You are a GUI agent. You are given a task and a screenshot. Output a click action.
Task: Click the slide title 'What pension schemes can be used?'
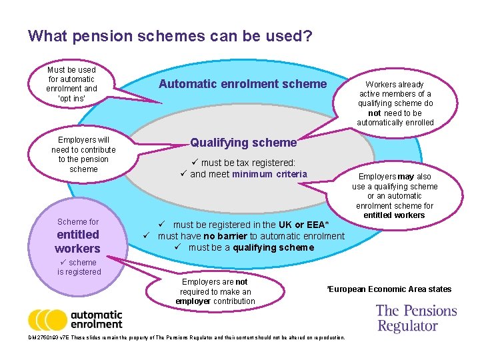(170, 35)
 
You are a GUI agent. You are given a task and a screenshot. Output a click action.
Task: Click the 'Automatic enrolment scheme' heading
(243, 84)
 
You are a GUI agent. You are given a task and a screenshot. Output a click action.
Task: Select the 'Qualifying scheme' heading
(243, 142)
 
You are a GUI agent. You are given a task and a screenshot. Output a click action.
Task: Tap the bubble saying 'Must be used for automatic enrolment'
(72, 84)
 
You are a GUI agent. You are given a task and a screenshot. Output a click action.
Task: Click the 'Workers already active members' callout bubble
(395, 103)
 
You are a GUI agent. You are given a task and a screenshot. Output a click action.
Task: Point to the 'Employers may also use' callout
(395, 195)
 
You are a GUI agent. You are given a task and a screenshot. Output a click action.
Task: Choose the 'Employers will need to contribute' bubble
(83, 155)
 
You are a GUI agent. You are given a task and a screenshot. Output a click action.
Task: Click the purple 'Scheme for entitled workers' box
(78, 235)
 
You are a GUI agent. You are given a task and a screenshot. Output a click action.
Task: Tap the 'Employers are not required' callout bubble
(215, 291)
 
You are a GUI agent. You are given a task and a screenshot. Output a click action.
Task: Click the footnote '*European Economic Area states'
(389, 289)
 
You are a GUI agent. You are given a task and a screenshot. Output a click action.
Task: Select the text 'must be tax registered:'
(248, 163)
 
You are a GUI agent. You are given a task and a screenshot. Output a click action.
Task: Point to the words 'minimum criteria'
(269, 175)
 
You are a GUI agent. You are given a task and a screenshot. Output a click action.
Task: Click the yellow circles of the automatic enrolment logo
(47, 320)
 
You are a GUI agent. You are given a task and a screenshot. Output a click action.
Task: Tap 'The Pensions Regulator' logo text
(416, 318)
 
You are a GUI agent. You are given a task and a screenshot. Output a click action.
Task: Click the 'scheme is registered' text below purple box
(79, 267)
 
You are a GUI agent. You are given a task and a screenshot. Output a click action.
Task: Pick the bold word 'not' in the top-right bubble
(374, 113)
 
